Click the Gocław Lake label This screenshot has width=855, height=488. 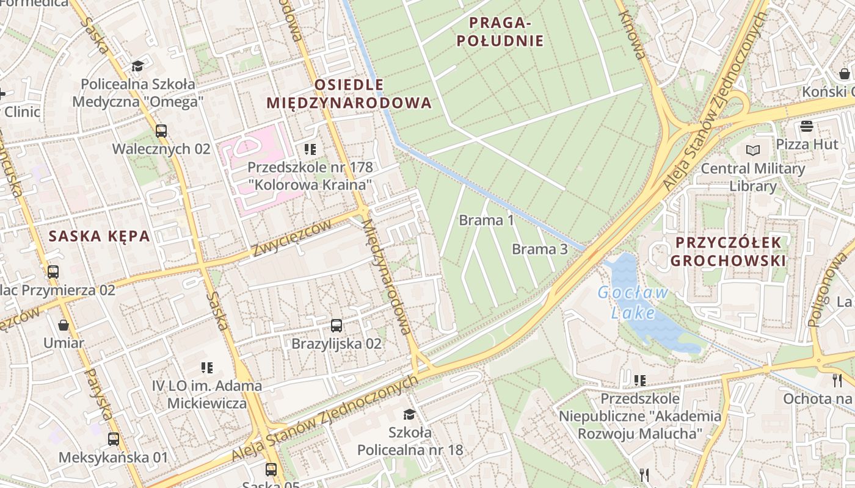[633, 303]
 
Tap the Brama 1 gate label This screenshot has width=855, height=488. [487, 220]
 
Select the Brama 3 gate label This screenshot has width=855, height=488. [540, 249]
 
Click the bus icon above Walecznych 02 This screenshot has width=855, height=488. [161, 131]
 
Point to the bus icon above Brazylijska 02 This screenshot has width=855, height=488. [337, 326]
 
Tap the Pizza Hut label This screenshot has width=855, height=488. [807, 145]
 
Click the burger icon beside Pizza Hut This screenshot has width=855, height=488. [807, 126]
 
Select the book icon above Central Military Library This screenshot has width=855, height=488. [753, 150]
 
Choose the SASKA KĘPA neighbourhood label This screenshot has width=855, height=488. [100, 236]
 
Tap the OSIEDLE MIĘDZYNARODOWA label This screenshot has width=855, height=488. [349, 93]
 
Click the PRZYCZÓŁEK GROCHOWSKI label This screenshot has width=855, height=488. [728, 251]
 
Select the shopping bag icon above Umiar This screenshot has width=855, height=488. [64, 325]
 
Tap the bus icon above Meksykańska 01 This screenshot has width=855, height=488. [114, 439]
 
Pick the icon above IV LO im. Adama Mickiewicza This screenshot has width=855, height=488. [207, 368]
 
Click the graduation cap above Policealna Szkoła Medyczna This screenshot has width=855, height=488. [137, 66]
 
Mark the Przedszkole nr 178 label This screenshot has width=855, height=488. [310, 175]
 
